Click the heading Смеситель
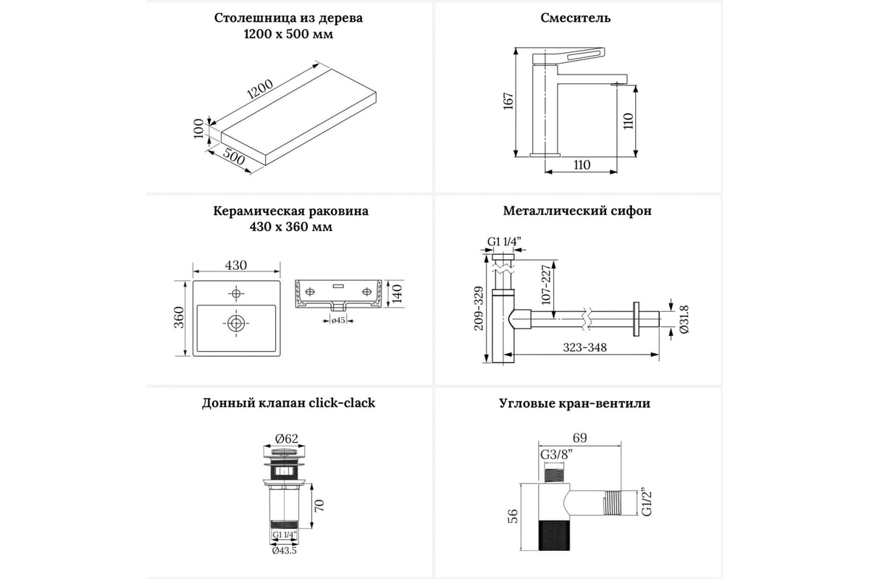pos(576,18)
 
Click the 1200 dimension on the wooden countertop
pos(259,89)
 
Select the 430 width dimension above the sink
pos(235,266)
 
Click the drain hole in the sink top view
pos(236,323)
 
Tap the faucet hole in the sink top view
pos(236,293)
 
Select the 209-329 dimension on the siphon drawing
pos(478,308)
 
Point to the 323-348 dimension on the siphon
pos(586,347)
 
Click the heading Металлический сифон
pos(577,211)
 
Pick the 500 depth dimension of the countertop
pos(233,156)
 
